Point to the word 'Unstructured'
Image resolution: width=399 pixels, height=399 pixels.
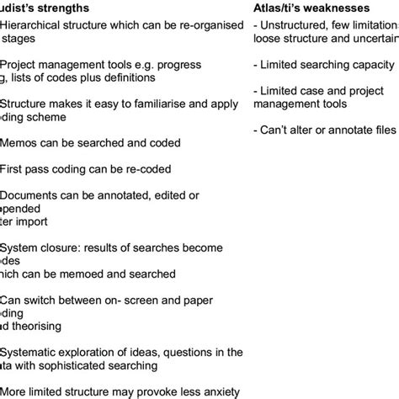pyautogui.click(x=294, y=25)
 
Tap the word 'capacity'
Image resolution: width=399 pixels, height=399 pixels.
pyautogui.click(x=365, y=65)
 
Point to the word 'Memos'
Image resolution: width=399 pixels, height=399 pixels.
pyautogui.click(x=19, y=144)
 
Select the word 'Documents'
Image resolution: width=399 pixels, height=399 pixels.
pyautogui.click(x=33, y=196)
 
